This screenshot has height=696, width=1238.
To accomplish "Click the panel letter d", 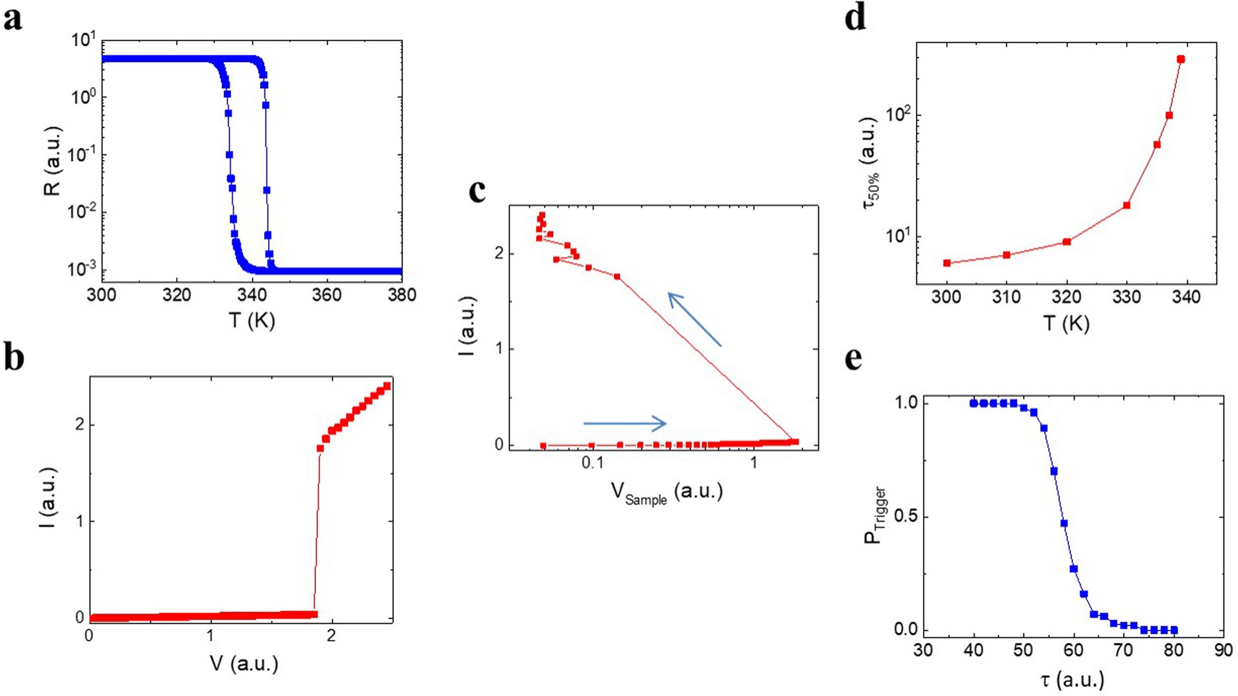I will point(855,19).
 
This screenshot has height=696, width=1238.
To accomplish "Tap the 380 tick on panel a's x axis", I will point(402,295).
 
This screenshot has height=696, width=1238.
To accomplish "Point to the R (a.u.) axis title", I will point(53,160).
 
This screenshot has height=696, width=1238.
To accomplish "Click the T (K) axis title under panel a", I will point(252,320).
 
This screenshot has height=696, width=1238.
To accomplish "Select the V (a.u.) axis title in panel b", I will point(244,663).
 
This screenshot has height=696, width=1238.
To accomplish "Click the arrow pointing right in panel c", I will point(625,423).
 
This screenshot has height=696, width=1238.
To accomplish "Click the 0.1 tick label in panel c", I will point(592,463).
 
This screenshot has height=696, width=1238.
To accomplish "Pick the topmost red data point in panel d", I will point(1181,59).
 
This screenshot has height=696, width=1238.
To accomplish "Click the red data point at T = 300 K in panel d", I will point(947,263).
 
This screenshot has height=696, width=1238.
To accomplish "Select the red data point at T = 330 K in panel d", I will point(1127,206).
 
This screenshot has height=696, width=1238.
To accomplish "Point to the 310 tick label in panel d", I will point(1006,297).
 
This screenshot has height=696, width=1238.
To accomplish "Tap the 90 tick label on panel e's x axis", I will point(1223,650).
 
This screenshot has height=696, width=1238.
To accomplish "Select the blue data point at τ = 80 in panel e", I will point(1174,630).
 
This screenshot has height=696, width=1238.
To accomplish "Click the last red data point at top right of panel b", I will point(387,386).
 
